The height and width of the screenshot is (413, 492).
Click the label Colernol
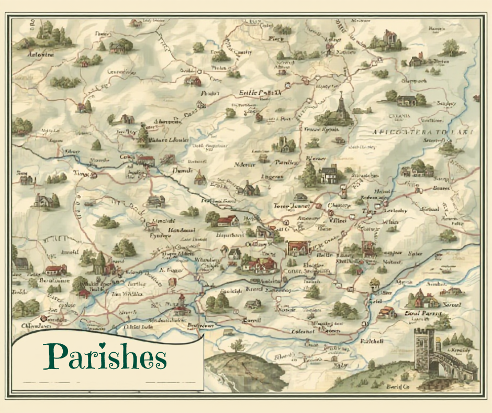pyautogui.click(x=303, y=331)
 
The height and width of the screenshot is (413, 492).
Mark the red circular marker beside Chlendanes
pyautogui.click(x=43, y=318)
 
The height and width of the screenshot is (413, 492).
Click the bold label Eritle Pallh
pyautogui.click(x=260, y=92)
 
